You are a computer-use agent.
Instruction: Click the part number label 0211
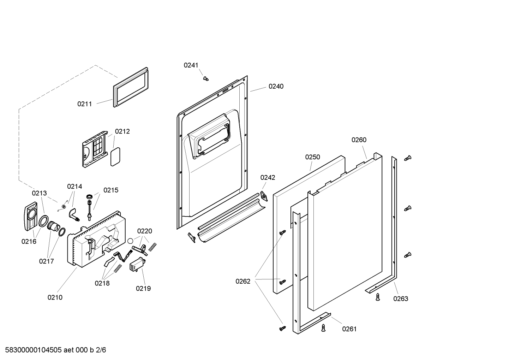[x=84, y=104]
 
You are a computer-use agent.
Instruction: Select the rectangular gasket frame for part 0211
[x=131, y=87]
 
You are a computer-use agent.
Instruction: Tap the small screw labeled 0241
[x=205, y=78]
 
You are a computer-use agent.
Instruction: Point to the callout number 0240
[x=276, y=86]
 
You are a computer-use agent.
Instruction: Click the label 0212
[x=122, y=131]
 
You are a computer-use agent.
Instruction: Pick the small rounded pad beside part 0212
[x=115, y=157]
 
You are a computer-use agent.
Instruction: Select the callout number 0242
[x=268, y=178]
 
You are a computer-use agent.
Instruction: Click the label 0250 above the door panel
[x=312, y=157]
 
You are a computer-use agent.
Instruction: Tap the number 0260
[x=359, y=140]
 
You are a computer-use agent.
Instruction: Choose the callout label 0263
[x=401, y=299]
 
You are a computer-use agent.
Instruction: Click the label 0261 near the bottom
[x=349, y=329]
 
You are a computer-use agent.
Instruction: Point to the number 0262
[x=243, y=281]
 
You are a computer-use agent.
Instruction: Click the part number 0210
[x=55, y=297]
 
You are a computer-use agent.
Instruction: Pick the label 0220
[x=144, y=231]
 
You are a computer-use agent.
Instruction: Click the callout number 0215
[x=111, y=190]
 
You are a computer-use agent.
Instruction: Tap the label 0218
[x=102, y=283]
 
